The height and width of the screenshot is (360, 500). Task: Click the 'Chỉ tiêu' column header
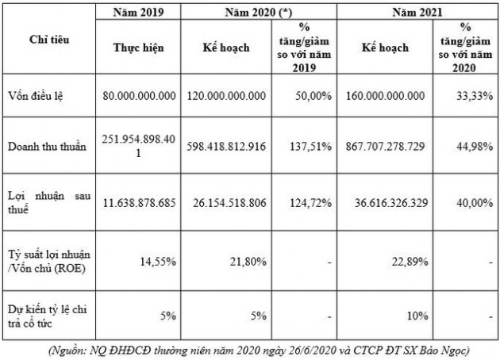click(48, 40)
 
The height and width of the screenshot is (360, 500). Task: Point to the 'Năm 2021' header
click(417, 13)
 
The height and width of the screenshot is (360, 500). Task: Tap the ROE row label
click(49, 259)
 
